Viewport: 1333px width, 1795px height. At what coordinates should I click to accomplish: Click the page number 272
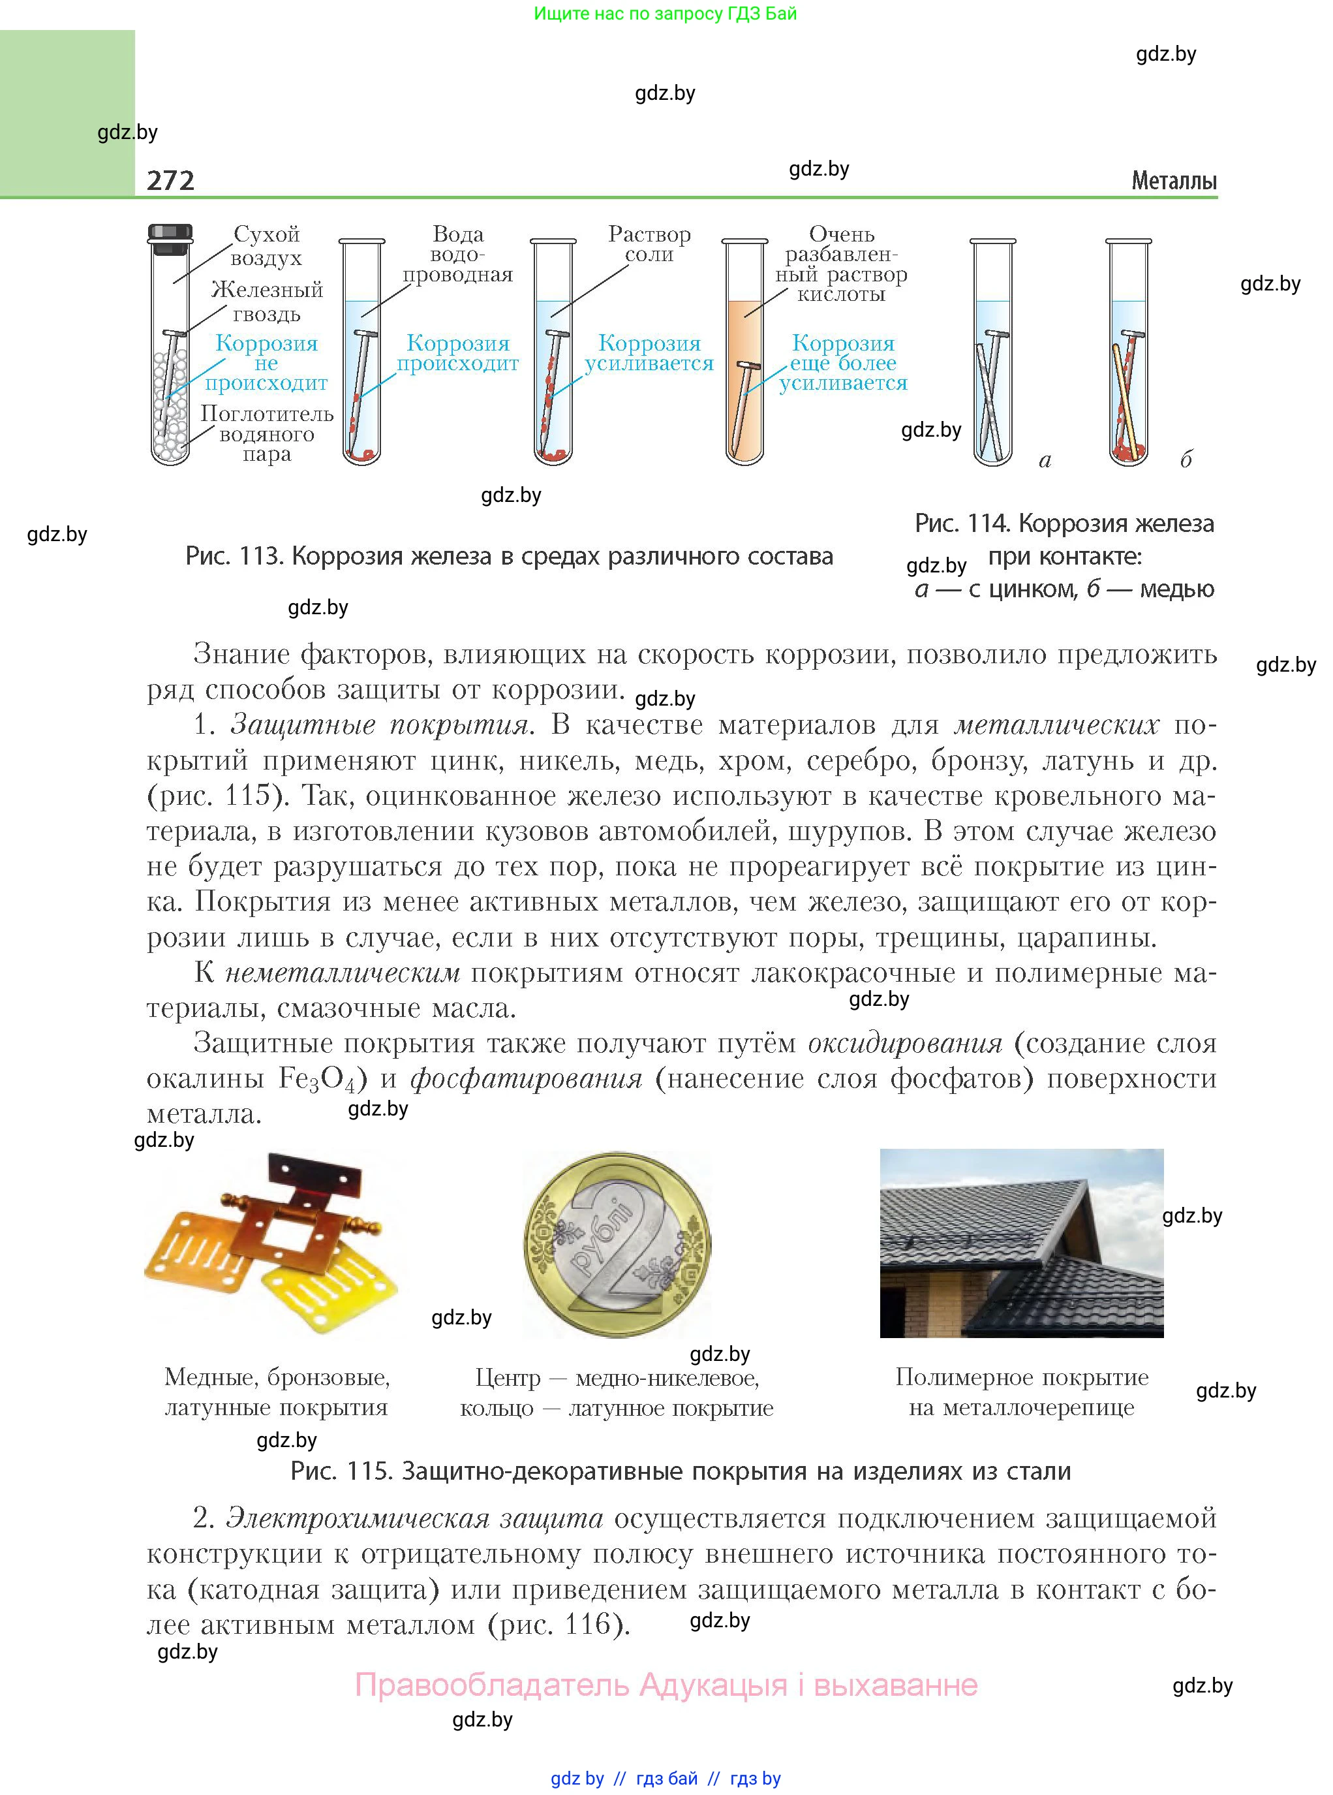[x=170, y=180]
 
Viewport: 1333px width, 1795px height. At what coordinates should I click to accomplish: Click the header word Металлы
[x=1173, y=181]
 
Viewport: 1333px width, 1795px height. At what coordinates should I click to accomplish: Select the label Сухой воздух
[x=266, y=246]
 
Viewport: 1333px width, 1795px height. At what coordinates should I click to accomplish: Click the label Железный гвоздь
[x=266, y=301]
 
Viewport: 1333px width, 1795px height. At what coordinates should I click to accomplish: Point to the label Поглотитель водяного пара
[x=266, y=434]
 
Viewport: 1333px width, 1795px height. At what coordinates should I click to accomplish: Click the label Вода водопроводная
[x=457, y=255]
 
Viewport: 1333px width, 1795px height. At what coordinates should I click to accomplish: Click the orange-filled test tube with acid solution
[x=744, y=379]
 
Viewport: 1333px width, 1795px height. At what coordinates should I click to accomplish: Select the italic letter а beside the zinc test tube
[x=1045, y=461]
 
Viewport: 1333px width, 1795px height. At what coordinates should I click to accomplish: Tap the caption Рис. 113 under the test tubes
[x=508, y=556]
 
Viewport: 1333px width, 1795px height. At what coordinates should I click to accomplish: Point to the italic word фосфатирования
[x=526, y=1079]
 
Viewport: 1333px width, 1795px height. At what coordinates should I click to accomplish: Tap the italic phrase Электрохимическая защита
[x=414, y=1518]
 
